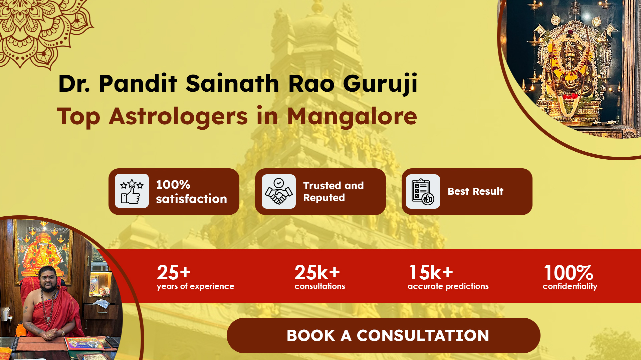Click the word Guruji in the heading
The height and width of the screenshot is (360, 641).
(x=380, y=84)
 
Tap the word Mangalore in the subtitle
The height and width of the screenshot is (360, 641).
(x=352, y=117)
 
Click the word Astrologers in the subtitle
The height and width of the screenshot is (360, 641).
(x=178, y=117)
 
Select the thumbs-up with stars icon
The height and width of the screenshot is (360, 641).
(x=132, y=191)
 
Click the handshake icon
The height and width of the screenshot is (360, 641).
(x=279, y=191)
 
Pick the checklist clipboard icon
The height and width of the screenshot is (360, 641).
(x=423, y=192)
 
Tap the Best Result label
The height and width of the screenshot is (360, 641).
(x=475, y=191)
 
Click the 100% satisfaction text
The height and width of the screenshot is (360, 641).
(x=191, y=192)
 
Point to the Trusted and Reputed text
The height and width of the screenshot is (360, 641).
(x=333, y=192)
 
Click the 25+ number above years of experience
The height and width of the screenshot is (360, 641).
(x=174, y=273)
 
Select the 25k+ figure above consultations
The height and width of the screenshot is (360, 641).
(x=317, y=273)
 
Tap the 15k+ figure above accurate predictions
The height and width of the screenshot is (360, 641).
(x=431, y=273)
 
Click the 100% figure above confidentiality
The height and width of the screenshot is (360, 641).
(x=569, y=273)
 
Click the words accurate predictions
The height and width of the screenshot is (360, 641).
(x=448, y=287)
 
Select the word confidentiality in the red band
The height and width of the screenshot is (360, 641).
(x=570, y=287)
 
